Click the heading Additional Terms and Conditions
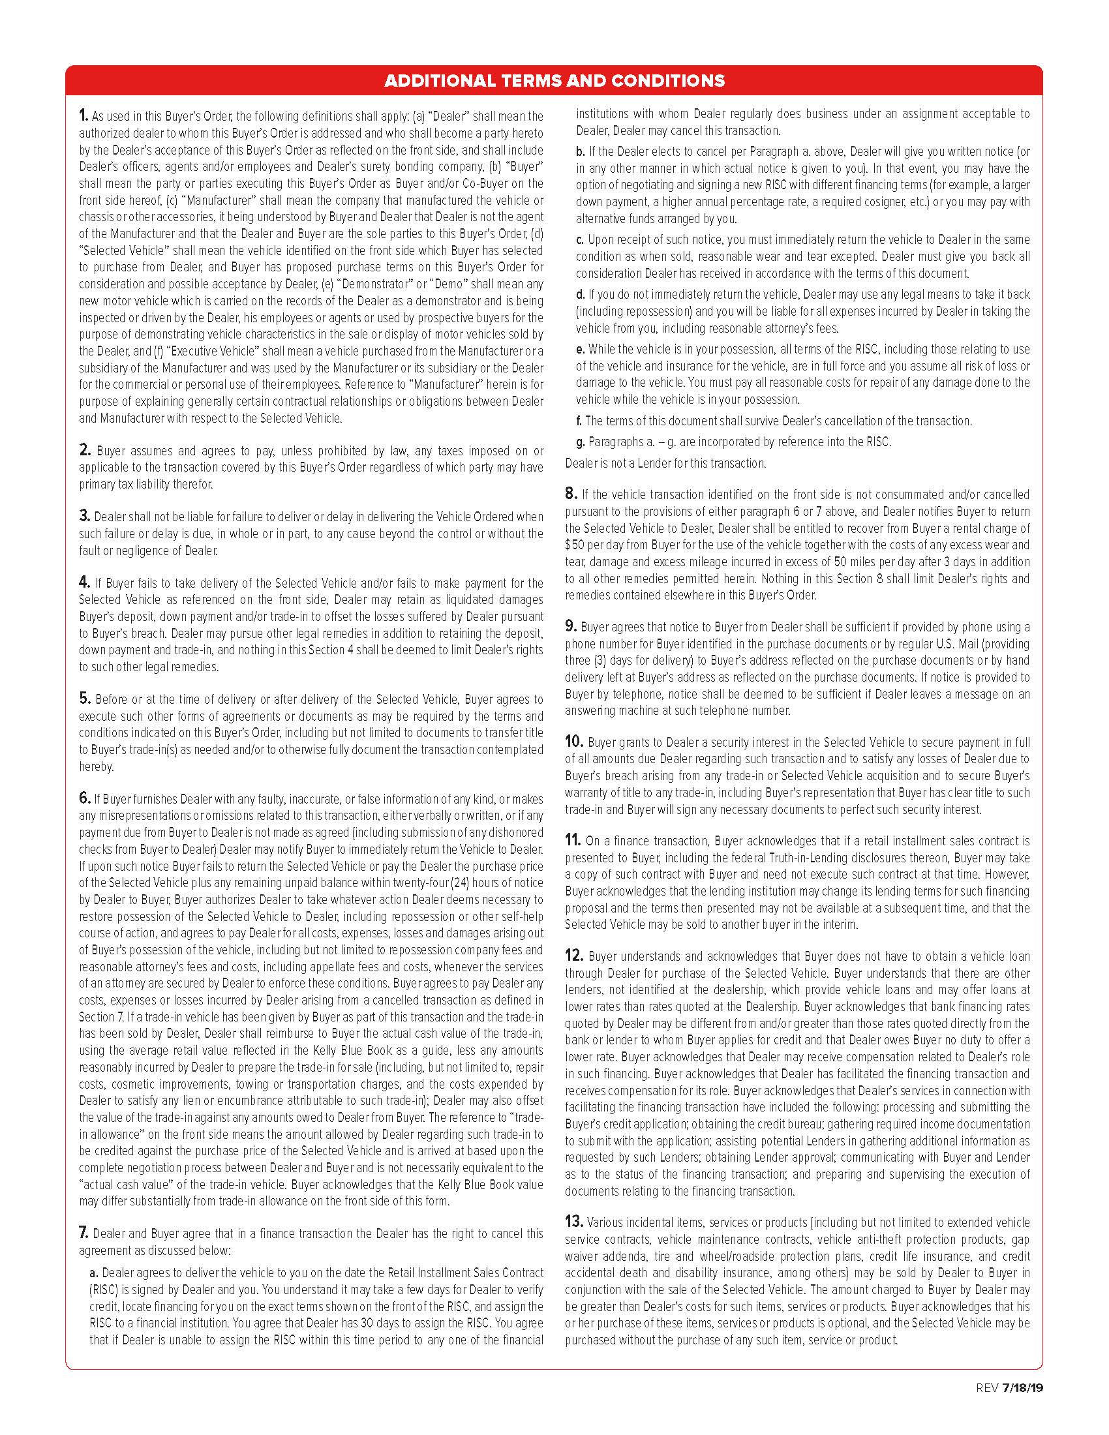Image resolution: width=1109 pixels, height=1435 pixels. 554,81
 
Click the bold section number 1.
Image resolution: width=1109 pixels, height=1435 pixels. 84,116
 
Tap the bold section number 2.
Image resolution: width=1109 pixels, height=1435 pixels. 85,451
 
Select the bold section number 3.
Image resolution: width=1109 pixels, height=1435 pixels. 84,517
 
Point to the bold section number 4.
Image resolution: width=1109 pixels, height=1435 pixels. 84,582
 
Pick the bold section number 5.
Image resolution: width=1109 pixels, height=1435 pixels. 84,699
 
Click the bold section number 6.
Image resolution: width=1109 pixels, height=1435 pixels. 84,798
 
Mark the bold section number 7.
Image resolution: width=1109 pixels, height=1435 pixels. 84,1233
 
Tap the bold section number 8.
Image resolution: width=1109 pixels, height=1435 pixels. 570,494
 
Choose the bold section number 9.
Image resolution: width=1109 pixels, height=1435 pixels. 570,627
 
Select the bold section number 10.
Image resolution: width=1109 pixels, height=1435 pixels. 574,742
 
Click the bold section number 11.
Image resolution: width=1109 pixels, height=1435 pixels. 573,840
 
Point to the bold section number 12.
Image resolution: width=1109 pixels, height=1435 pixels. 573,956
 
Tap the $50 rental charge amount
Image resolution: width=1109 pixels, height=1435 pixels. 573,545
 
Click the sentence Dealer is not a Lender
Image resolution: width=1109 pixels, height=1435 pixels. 665,463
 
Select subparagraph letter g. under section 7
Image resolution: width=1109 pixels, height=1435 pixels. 580,442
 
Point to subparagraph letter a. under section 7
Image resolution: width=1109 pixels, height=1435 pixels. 94,1273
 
